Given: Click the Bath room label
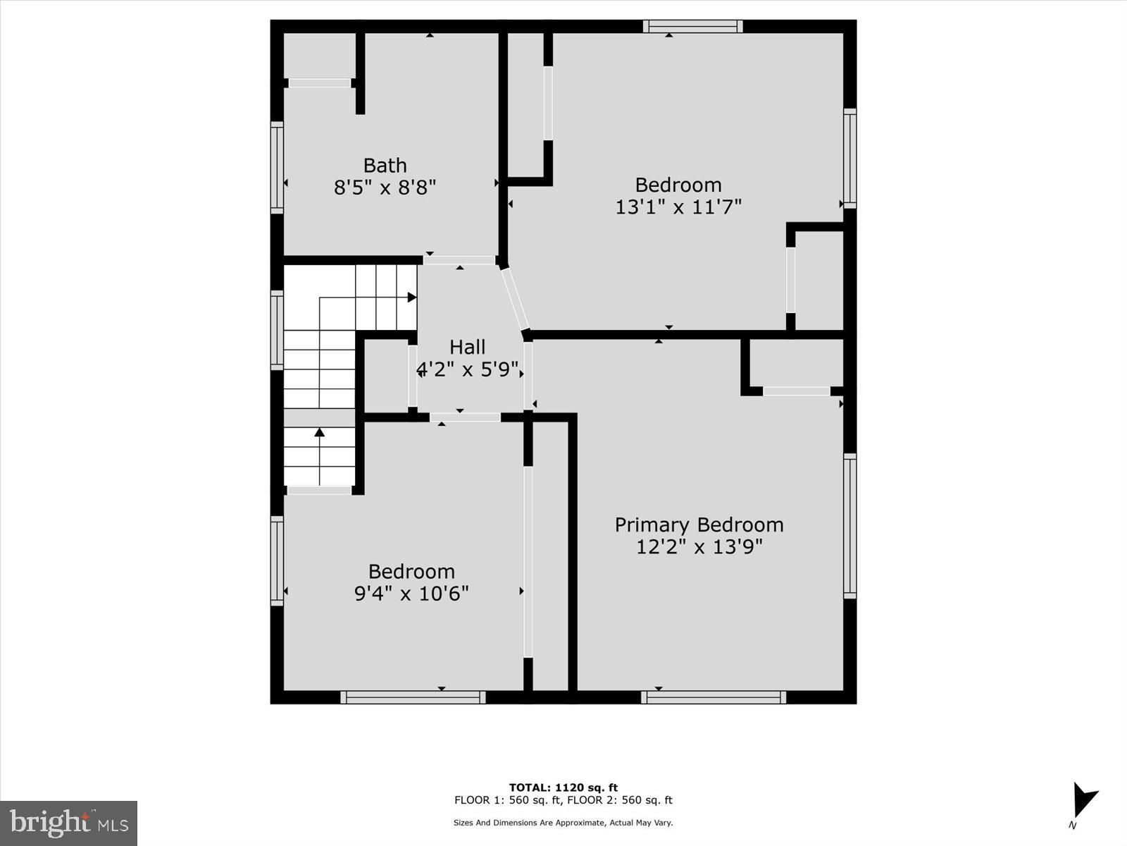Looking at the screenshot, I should click(385, 166).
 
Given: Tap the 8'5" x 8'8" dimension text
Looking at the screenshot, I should click(385, 188).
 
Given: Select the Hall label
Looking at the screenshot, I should click(467, 347).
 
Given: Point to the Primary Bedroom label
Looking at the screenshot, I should click(699, 525).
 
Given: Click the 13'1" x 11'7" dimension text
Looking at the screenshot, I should click(678, 207).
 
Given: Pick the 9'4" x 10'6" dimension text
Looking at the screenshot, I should click(411, 594).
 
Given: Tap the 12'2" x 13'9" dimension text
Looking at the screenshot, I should click(699, 547).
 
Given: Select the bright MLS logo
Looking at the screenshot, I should click(68, 823).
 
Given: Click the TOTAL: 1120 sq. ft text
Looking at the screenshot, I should click(563, 787).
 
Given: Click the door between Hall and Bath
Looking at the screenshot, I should click(459, 260).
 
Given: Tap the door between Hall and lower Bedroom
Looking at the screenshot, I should click(465, 417).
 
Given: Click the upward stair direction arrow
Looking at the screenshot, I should click(319, 432).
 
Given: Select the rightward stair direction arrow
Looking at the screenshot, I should click(411, 298).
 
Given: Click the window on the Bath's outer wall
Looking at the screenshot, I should click(278, 167).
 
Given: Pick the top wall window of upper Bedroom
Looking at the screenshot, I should click(692, 27).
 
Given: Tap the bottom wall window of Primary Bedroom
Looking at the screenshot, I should click(713, 697).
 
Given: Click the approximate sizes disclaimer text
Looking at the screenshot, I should click(563, 823).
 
